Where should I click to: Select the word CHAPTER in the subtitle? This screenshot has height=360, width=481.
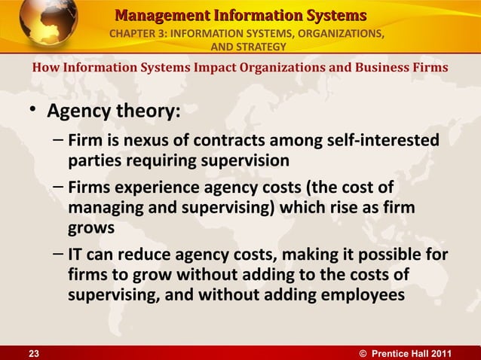137,35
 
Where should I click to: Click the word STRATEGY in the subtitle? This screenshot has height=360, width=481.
257,48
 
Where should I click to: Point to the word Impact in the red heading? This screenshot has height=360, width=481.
214,68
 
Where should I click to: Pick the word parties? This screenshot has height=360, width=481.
96,160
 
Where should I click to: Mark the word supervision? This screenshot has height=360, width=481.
244,160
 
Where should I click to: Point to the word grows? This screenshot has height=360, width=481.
88,225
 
